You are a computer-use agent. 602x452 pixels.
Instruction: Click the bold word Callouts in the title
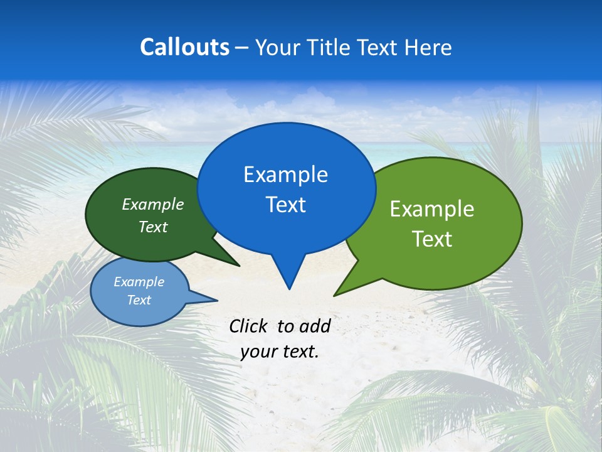click(184, 47)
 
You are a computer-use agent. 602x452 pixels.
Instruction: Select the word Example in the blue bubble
click(285, 175)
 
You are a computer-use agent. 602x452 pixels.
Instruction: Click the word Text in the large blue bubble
click(285, 205)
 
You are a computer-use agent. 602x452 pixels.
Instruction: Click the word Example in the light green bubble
click(432, 209)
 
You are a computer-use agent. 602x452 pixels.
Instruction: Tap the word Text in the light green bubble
click(432, 239)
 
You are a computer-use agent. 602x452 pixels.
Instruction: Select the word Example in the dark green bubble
click(152, 204)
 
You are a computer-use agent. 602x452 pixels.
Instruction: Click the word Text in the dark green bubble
click(152, 227)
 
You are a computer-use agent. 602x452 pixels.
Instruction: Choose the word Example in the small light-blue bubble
click(139, 282)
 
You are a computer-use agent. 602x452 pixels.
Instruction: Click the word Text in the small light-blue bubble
click(139, 300)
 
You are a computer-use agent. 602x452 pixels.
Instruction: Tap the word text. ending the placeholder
click(300, 352)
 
